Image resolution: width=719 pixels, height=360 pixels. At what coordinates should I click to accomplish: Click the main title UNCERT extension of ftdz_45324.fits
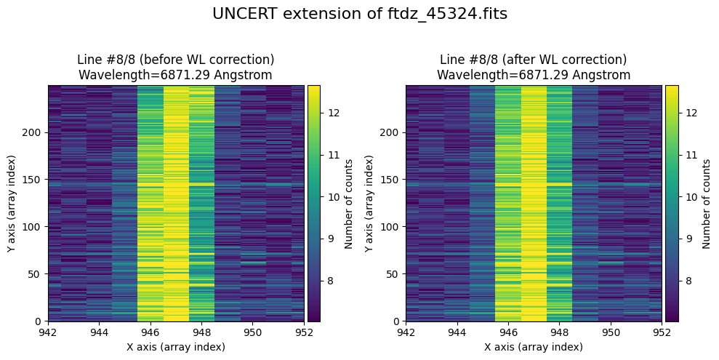tap(359, 14)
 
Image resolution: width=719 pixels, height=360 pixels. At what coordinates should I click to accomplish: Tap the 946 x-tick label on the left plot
tap(150, 332)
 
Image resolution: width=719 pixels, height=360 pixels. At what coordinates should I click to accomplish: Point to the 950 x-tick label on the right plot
tap(611, 332)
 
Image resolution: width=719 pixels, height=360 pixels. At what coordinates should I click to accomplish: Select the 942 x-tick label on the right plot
tap(406, 332)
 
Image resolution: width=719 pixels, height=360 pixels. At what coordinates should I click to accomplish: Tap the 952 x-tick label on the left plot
tap(304, 332)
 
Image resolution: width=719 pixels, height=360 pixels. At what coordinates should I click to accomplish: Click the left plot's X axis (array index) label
tap(176, 347)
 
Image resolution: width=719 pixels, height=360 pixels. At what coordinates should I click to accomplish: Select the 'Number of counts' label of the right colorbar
tap(706, 204)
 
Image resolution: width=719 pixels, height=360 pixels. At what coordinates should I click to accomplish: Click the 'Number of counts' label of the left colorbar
tap(349, 204)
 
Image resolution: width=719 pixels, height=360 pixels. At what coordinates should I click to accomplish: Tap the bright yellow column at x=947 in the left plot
tap(176, 204)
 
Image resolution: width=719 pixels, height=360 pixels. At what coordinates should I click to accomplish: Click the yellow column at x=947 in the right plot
tap(534, 204)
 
